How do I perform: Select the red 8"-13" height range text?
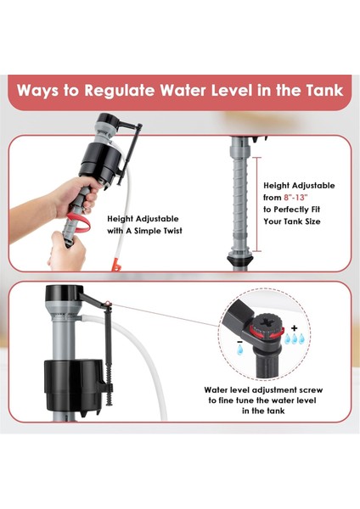pyautogui.click(x=295, y=198)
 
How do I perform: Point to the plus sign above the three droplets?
pyautogui.click(x=295, y=327)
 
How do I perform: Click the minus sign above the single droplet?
pyautogui.click(x=239, y=342)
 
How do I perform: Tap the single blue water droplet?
pyautogui.click(x=240, y=350)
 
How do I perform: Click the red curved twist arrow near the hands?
pyautogui.click(x=79, y=221)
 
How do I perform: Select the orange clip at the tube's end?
pyautogui.click(x=116, y=265)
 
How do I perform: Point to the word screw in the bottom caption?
pyautogui.click(x=311, y=390)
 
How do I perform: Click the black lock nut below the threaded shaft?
pyautogui.click(x=240, y=260)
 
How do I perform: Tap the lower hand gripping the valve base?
pyautogui.click(x=66, y=251)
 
